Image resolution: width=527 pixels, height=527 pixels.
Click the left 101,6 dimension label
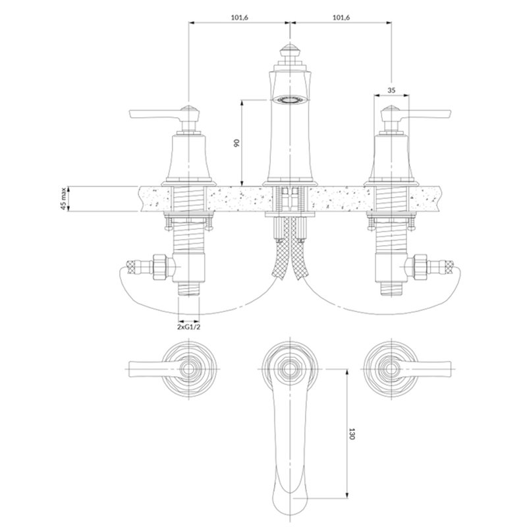tap(239, 18)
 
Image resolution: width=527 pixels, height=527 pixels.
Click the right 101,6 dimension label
tap(341, 18)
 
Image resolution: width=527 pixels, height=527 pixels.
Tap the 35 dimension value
tap(391, 90)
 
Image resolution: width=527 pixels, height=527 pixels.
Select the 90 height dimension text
tap(236, 143)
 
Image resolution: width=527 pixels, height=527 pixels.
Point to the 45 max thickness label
tap(63, 199)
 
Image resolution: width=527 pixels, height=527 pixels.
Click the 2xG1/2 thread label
tap(188, 327)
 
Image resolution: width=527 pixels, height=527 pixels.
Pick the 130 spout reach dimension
tap(352, 433)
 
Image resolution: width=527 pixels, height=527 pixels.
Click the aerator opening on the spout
tap(289, 99)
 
